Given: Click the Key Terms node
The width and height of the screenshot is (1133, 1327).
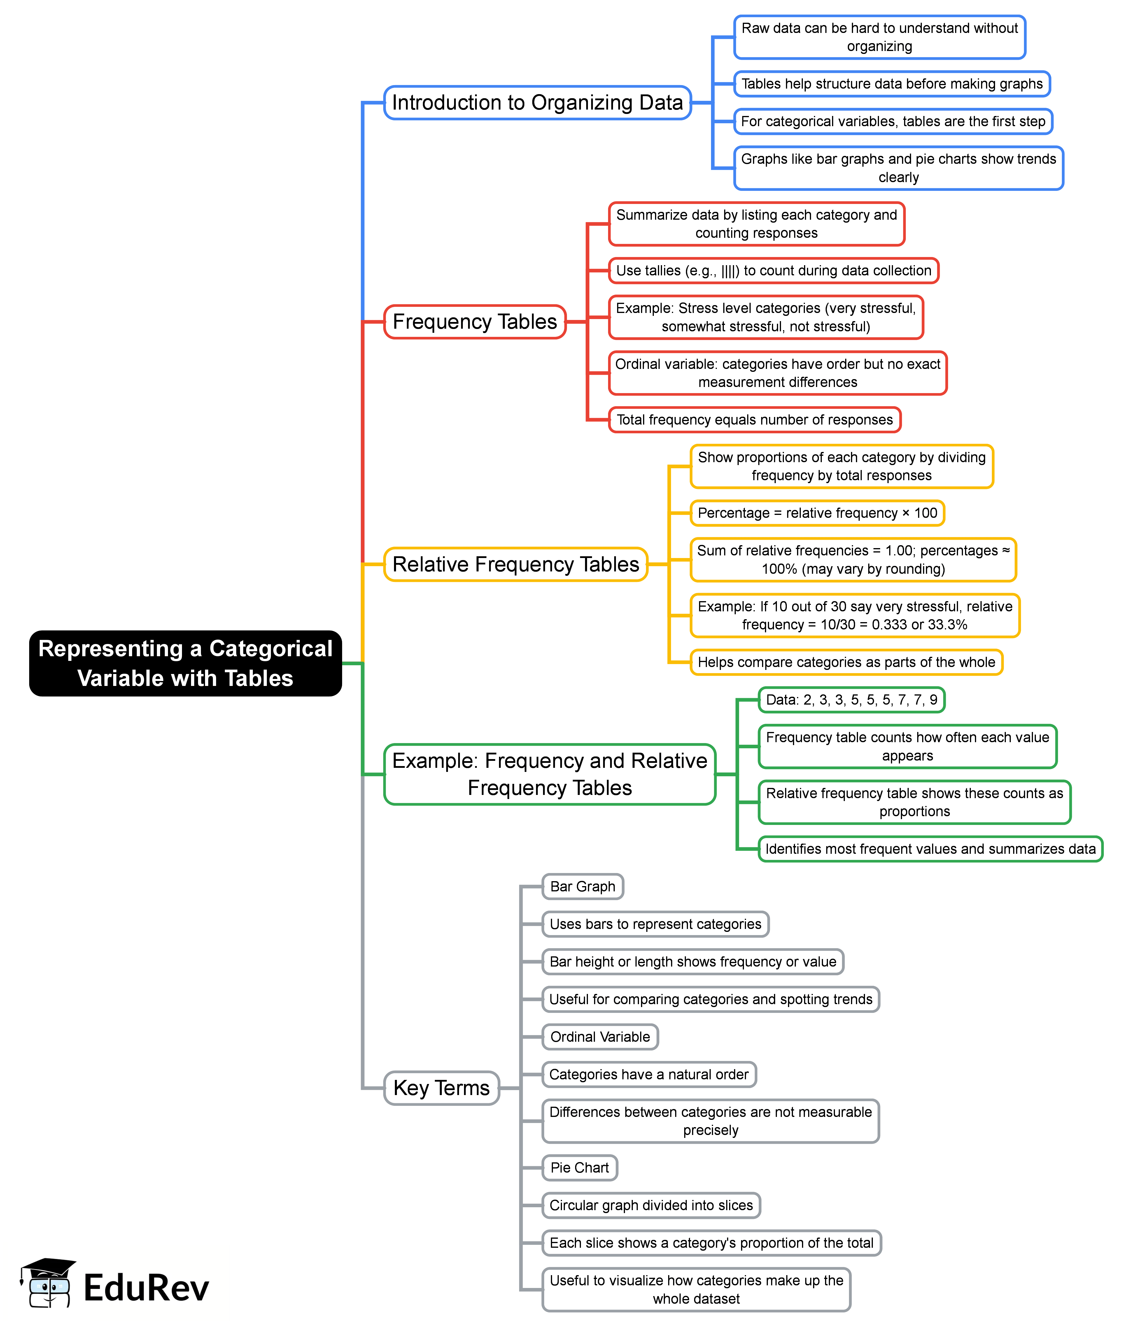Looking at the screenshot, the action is pyautogui.click(x=442, y=1088).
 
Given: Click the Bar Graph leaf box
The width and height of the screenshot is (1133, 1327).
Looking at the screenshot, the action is pyautogui.click(x=582, y=886).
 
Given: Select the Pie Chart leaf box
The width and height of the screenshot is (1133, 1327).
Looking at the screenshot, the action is pyautogui.click(x=579, y=1168).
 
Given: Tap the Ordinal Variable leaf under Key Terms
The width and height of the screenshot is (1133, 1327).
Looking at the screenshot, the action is pyautogui.click(x=600, y=1037).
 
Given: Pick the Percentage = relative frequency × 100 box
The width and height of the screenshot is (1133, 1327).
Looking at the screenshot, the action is pyautogui.click(x=817, y=513).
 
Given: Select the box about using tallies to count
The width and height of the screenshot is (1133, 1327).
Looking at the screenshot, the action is pyautogui.click(x=773, y=270).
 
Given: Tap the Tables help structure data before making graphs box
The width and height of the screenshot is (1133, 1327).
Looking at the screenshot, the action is pyautogui.click(x=892, y=84).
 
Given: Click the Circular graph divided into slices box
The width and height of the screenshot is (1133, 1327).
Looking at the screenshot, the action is pyautogui.click(x=651, y=1205).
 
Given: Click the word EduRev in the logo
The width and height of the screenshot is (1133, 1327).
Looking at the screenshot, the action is pyautogui.click(x=146, y=1288).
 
